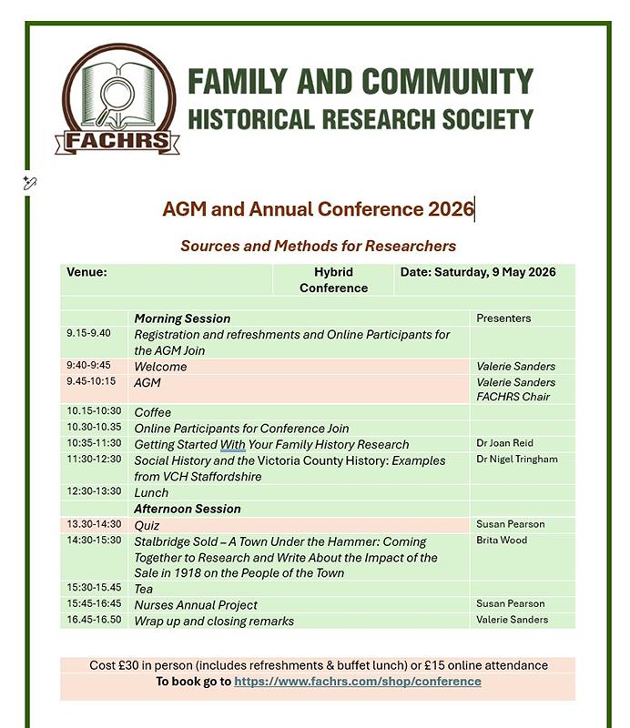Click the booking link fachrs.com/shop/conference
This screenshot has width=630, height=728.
coord(357,682)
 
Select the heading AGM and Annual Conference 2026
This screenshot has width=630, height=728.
coord(318,209)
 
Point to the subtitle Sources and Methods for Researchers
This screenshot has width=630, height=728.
coord(318,246)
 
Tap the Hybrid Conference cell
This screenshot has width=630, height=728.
coord(333,279)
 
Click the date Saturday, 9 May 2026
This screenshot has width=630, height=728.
coord(477,272)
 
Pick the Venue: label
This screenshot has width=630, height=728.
coord(86,272)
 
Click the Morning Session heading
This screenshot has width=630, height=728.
coord(182,318)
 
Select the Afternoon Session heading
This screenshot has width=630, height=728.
coord(188,509)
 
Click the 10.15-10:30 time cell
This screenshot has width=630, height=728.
coord(93,412)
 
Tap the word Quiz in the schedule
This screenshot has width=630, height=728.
coord(147,525)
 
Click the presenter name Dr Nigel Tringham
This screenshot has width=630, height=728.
coord(517,460)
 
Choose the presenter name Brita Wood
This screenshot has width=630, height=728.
coord(502,541)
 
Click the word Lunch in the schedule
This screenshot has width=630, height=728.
coord(151,492)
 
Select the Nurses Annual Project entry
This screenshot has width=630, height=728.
coord(196,605)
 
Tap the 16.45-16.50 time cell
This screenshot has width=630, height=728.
coord(93,620)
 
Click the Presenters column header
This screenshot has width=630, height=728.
coord(503,318)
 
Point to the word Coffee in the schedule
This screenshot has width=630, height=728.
coord(153,412)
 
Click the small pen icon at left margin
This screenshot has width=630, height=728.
coord(30,184)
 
